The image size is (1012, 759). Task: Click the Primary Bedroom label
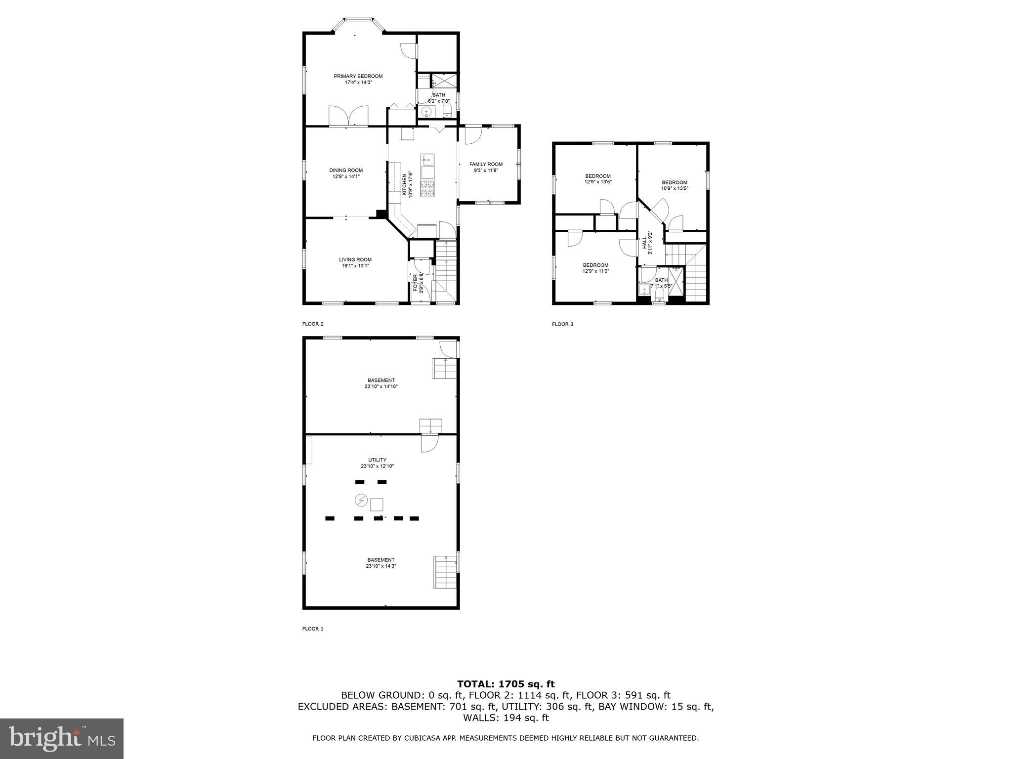358,76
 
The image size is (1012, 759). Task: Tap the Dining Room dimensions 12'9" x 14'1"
346,176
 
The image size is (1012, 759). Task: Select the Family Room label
486,165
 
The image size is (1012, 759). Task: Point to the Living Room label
355,259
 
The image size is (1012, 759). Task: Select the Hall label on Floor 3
645,242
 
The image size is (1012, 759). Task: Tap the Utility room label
377,460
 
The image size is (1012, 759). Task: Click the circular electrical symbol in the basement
361,501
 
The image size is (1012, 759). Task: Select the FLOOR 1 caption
312,629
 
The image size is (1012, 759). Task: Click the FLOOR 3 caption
562,324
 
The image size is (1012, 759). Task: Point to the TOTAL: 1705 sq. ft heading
506,684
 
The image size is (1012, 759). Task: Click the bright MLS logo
62,738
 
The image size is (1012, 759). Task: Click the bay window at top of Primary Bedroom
358,20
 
